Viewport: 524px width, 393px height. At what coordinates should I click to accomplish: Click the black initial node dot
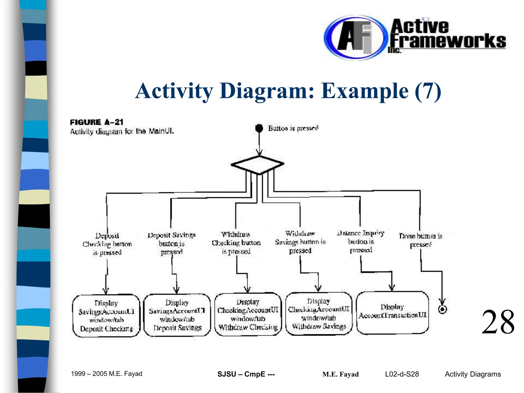(259, 128)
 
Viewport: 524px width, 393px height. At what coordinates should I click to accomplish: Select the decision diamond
(257, 165)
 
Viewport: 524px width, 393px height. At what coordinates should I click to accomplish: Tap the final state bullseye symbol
(442, 309)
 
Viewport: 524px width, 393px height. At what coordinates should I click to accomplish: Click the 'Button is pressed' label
(293, 128)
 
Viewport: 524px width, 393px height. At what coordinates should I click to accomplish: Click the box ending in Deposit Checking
(106, 315)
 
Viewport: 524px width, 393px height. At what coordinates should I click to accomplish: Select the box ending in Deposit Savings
(177, 315)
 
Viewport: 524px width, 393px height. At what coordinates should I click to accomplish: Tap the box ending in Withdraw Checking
(248, 314)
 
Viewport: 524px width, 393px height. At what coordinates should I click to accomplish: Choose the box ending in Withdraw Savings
(319, 313)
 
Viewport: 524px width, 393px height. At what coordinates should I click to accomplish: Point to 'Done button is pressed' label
(421, 240)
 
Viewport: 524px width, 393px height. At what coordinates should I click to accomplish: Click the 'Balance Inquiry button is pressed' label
(361, 241)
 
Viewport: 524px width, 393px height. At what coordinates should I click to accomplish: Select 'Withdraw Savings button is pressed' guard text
(300, 242)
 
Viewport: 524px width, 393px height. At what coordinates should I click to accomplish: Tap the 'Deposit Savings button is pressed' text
(171, 243)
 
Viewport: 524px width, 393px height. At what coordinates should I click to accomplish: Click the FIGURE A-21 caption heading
(96, 122)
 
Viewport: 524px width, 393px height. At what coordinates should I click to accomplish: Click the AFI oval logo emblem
(354, 38)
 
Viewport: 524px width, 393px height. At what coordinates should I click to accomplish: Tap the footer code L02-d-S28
(402, 374)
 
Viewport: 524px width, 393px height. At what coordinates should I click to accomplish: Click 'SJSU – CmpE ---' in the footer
(246, 374)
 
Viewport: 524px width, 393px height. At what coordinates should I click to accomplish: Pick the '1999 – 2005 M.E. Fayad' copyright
(106, 374)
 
